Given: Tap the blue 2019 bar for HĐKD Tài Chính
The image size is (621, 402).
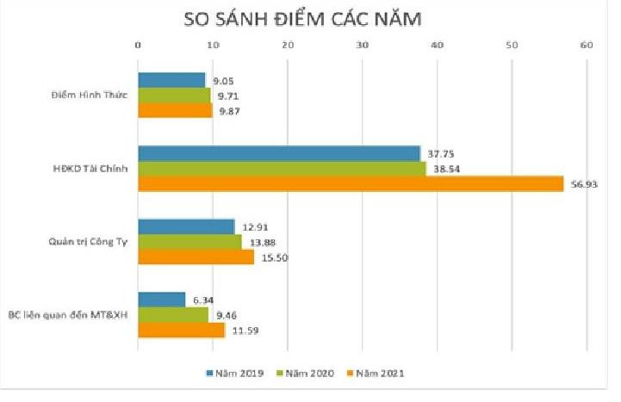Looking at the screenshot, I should click(279, 154).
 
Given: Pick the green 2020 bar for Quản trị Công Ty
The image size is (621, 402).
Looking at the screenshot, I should click(189, 242).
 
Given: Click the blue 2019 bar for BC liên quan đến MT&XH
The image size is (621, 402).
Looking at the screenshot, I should click(162, 300).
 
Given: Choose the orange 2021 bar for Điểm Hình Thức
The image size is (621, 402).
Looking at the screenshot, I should click(175, 110).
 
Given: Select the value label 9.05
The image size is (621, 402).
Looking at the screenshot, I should click(224, 80).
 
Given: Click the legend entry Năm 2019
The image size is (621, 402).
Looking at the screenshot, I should click(233, 373).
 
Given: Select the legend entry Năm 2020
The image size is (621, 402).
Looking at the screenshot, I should click(307, 373).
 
